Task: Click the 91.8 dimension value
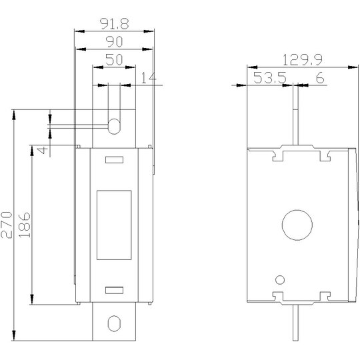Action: click(x=115, y=24)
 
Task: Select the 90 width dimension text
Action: click(x=114, y=42)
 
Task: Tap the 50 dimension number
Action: click(x=114, y=60)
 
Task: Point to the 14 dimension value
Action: click(x=149, y=77)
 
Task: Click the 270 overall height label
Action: click(x=7, y=225)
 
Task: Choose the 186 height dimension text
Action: click(x=25, y=225)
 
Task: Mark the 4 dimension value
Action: click(x=43, y=151)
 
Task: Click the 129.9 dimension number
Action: click(x=303, y=60)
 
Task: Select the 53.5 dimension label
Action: click(x=270, y=77)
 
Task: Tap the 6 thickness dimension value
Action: click(x=320, y=77)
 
